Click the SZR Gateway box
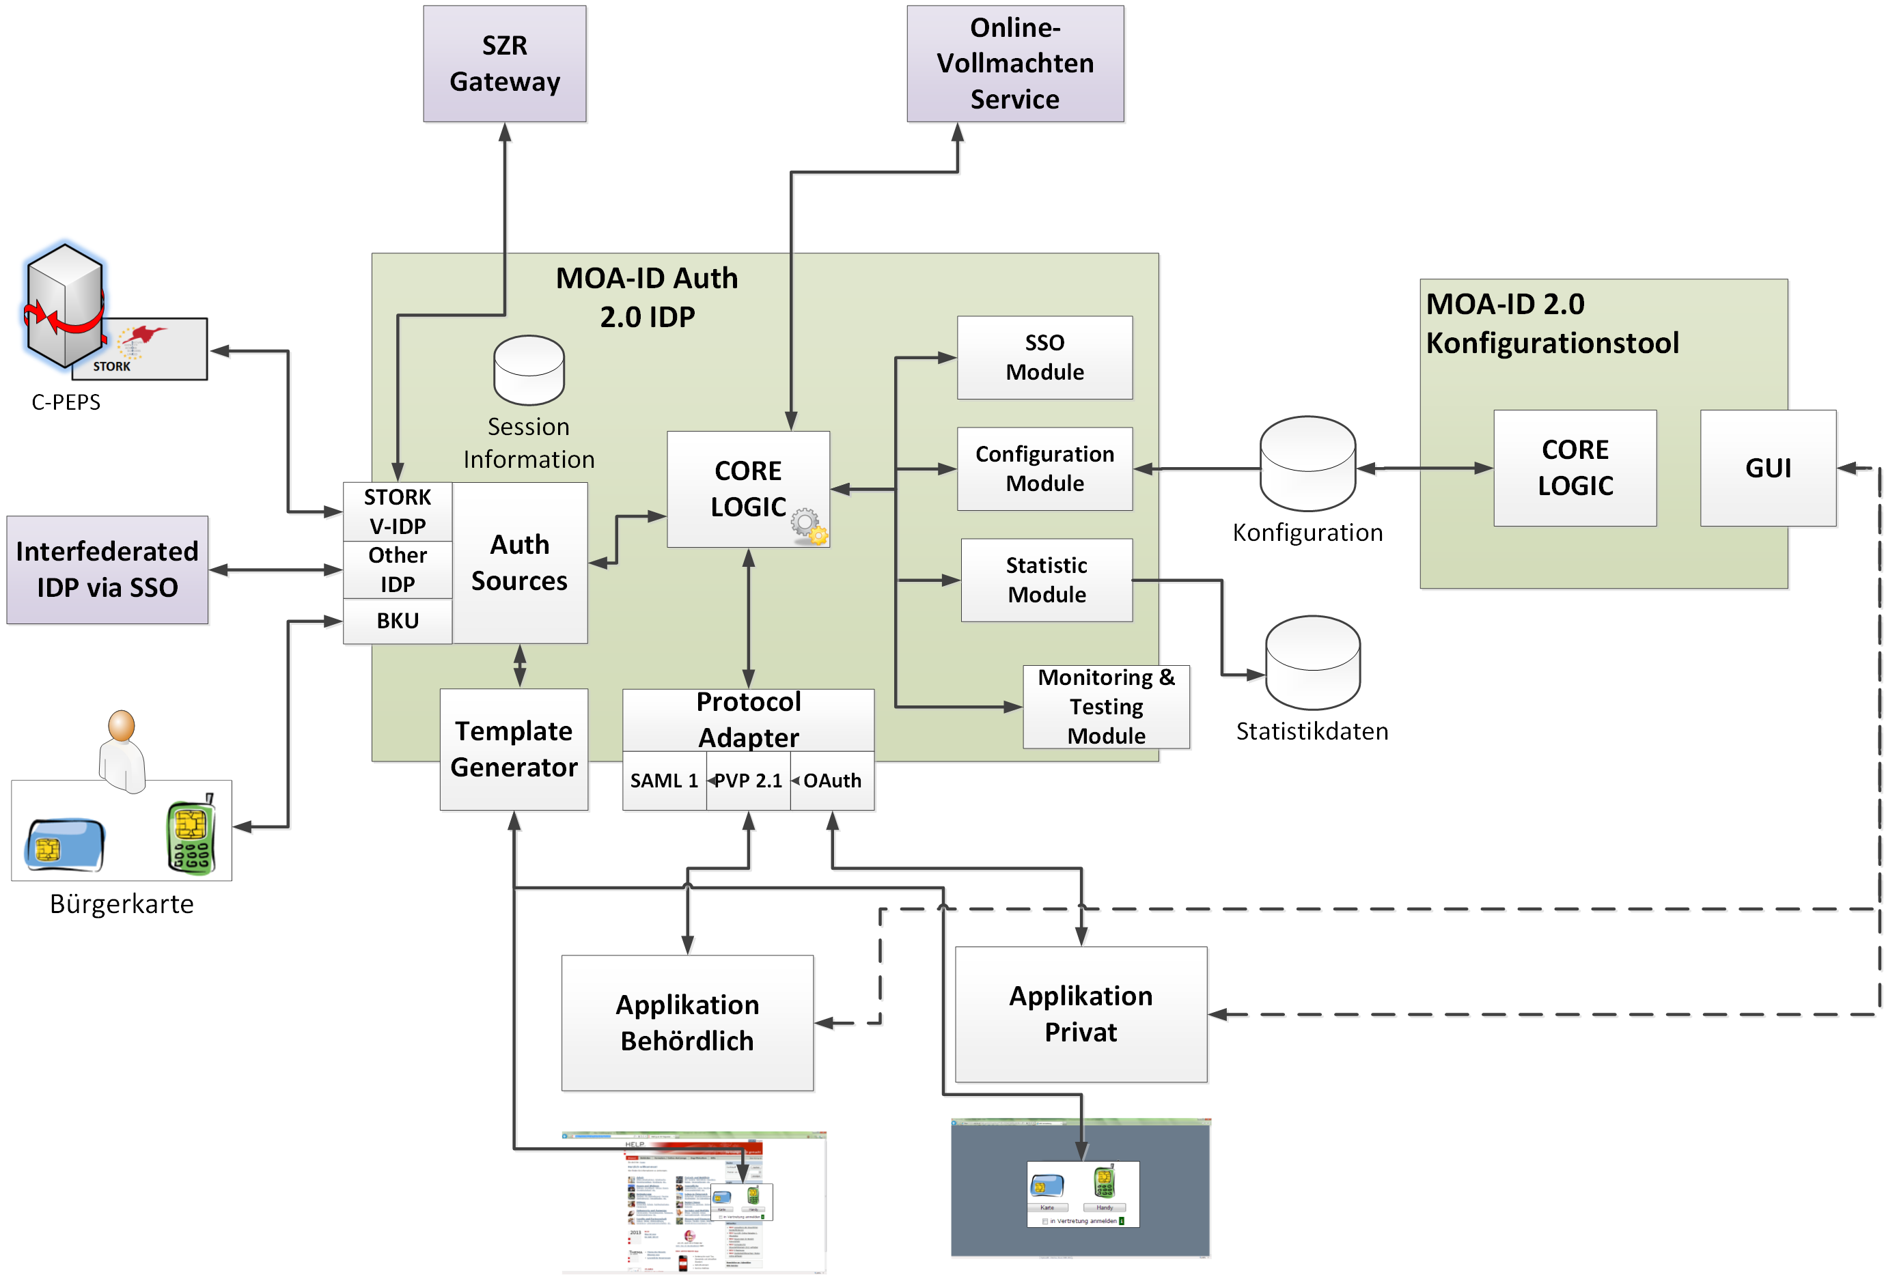click(x=504, y=64)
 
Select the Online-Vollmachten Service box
click(x=1014, y=64)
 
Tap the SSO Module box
click(x=1044, y=357)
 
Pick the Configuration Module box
click(x=1044, y=468)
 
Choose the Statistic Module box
click(x=1046, y=580)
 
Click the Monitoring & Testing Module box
click(x=1106, y=707)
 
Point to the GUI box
click(x=1767, y=468)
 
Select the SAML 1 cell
click(x=663, y=781)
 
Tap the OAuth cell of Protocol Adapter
click(x=833, y=781)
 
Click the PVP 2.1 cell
click(x=748, y=781)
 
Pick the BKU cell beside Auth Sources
click(x=398, y=621)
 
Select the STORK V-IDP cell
click(x=398, y=512)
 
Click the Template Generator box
click(x=513, y=749)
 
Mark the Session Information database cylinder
click(x=529, y=370)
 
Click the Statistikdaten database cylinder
click(x=1312, y=663)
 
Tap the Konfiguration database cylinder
click(x=1307, y=464)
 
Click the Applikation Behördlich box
click(x=687, y=1022)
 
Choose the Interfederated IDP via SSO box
click(x=107, y=570)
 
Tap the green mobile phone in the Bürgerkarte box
click(x=191, y=837)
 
